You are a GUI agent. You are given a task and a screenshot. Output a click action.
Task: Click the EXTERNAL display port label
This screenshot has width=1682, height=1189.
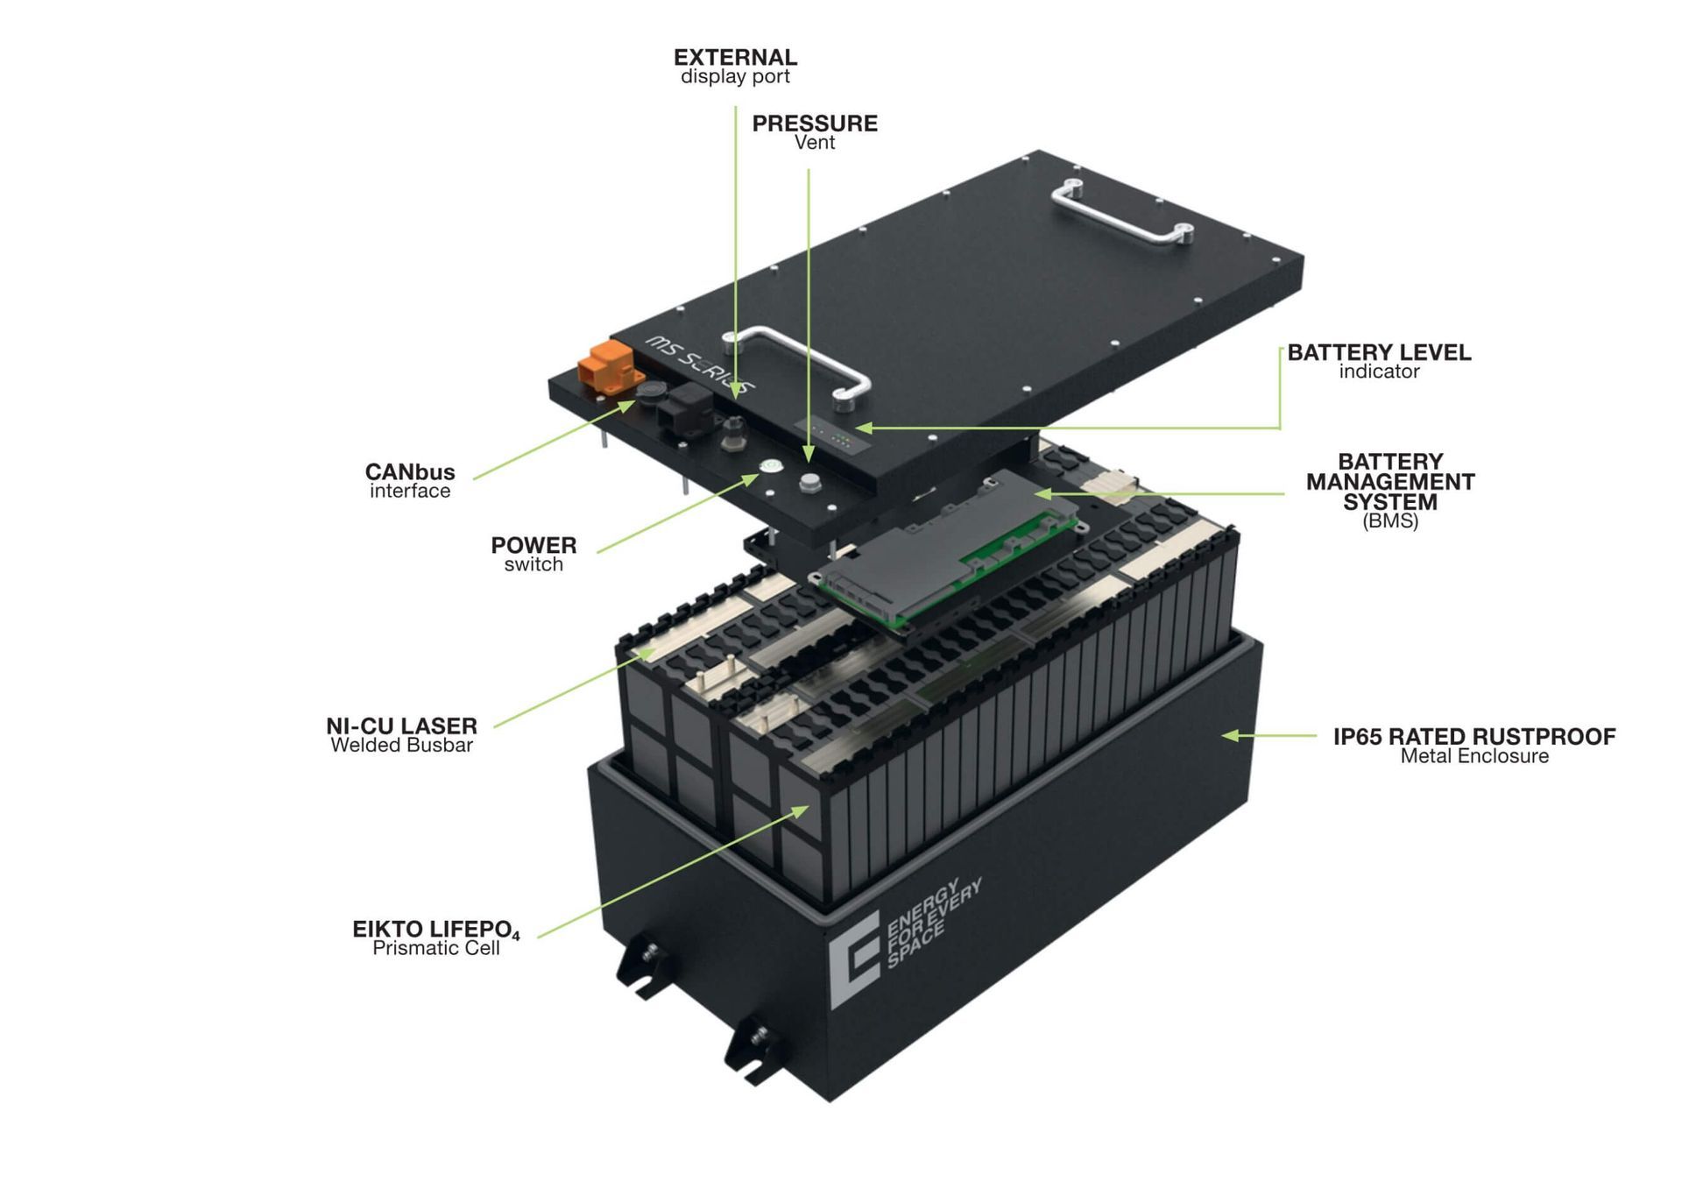tap(735, 67)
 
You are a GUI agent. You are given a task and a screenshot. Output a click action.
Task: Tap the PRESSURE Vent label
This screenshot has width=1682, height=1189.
tap(815, 132)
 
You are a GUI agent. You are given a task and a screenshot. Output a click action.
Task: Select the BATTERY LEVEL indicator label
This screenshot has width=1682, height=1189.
tap(1379, 361)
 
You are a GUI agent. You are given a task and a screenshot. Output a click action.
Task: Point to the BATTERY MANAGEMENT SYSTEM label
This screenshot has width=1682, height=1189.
tap(1390, 491)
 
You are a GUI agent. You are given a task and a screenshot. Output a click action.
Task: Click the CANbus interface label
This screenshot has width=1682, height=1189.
tap(410, 480)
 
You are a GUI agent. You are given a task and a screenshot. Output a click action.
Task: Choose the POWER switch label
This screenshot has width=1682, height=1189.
tap(534, 554)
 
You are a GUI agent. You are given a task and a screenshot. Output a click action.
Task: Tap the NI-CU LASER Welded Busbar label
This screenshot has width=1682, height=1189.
tap(401, 735)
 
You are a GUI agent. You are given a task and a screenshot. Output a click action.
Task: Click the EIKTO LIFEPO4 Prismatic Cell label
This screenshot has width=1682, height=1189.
tap(436, 938)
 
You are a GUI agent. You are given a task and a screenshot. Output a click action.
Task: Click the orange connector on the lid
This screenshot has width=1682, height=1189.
tap(605, 366)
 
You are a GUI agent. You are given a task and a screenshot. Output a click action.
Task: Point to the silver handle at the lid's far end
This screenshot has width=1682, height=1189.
tap(1121, 212)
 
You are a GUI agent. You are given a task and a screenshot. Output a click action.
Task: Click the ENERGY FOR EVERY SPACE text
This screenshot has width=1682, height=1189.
tap(934, 920)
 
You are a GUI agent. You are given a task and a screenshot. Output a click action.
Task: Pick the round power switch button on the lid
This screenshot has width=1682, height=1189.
tap(770, 465)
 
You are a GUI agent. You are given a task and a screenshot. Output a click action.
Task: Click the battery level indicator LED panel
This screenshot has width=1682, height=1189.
tap(833, 435)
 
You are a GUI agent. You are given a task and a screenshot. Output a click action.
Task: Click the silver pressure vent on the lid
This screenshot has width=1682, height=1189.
tap(810, 482)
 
